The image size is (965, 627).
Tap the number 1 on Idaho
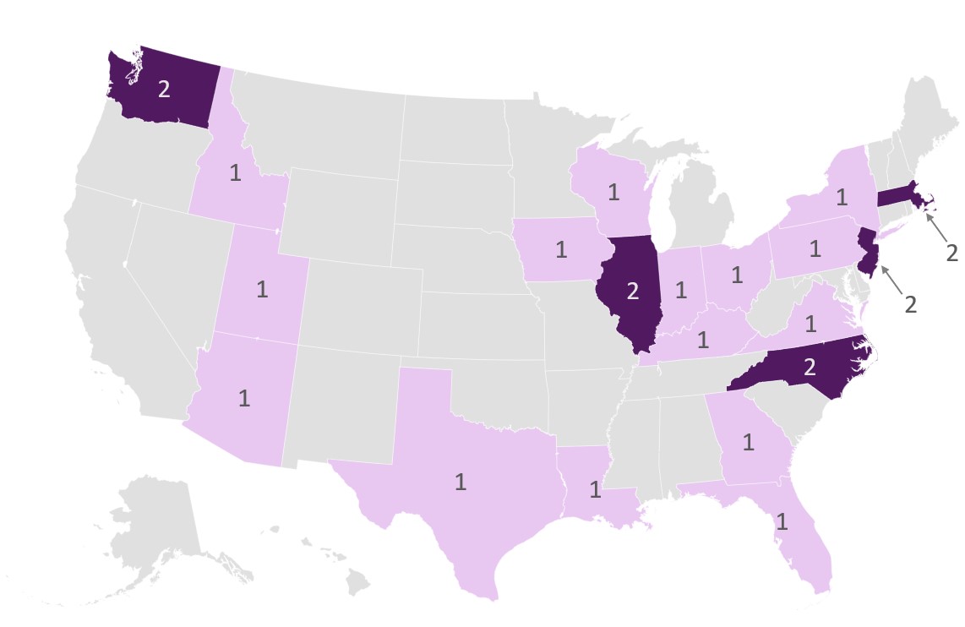tap(235, 172)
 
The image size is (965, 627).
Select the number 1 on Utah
tap(262, 289)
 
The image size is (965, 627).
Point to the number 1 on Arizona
tap(244, 398)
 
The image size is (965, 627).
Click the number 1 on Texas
tap(461, 483)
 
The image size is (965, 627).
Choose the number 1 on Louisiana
tap(595, 488)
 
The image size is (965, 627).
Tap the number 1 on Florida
tap(782, 521)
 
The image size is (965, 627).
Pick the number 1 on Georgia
tap(748, 441)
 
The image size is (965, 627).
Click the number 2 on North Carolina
tap(810, 368)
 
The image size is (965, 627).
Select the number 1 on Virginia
tap(811, 323)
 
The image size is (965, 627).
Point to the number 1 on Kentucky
tap(702, 340)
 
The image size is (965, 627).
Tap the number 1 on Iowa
tap(559, 249)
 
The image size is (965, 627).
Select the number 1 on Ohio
tap(736, 275)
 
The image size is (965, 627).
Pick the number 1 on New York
tap(841, 198)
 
